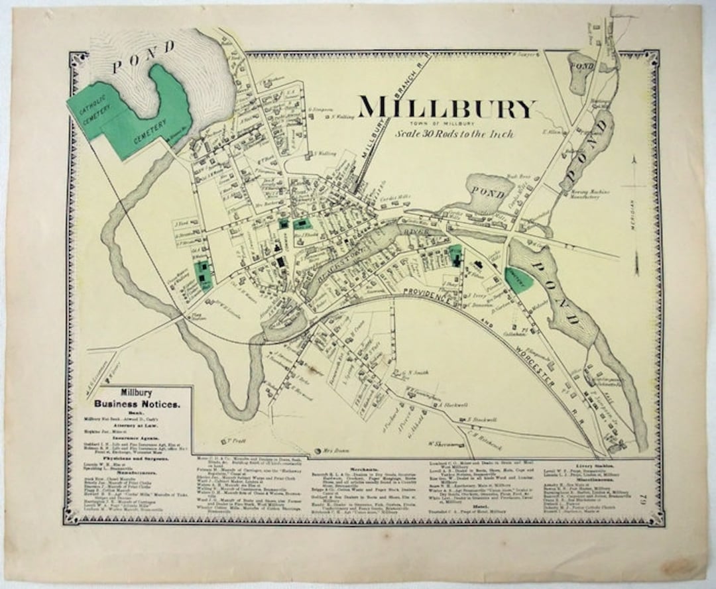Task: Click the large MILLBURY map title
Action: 446,108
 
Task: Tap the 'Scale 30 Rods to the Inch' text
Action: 454,133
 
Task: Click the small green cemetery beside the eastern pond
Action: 518,280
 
